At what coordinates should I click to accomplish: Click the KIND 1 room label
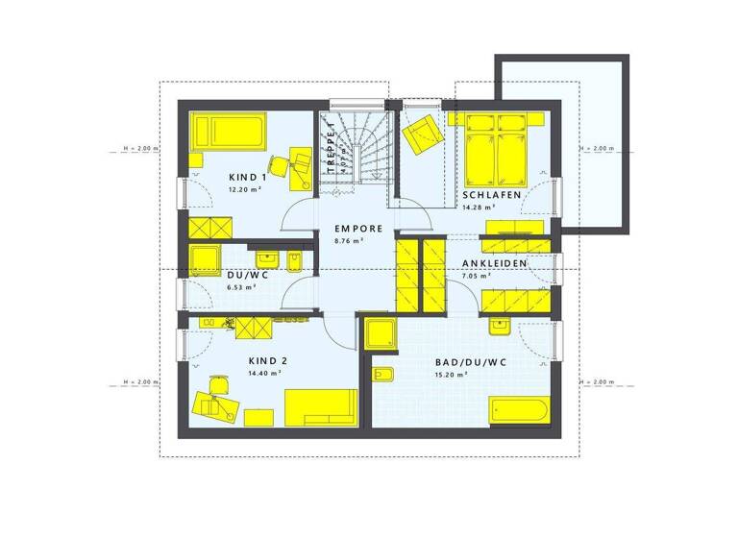(x=248, y=178)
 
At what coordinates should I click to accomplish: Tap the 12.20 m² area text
(x=246, y=190)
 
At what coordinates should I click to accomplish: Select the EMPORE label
(x=358, y=229)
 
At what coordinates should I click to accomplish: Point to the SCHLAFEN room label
(x=491, y=195)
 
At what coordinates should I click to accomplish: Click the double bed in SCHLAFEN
(x=498, y=149)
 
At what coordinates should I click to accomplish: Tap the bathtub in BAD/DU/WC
(x=518, y=411)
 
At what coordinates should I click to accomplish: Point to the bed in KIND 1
(x=229, y=131)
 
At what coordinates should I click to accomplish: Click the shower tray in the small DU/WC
(x=206, y=259)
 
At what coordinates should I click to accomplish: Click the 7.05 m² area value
(x=476, y=276)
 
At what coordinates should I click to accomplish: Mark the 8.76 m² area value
(x=348, y=241)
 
